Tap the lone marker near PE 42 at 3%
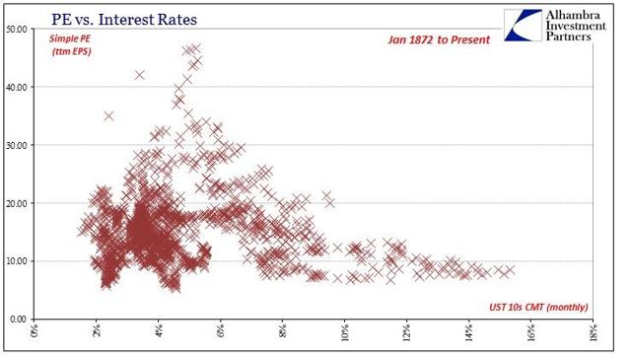click(x=140, y=75)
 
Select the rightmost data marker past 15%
click(x=510, y=270)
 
